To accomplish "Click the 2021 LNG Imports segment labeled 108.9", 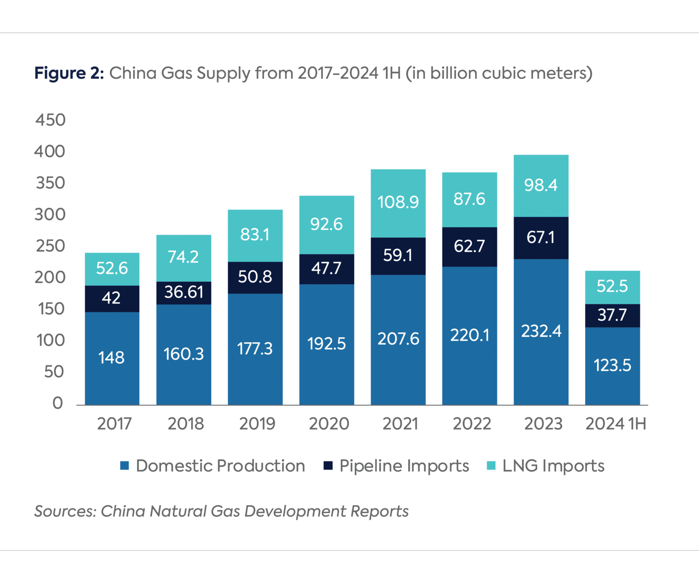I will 398,203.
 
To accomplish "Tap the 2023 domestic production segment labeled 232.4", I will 541,332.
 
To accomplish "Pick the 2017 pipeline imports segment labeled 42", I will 112,299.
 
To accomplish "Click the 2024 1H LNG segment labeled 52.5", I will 612,287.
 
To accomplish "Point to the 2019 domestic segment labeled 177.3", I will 255,349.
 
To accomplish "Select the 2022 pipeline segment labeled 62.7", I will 469,247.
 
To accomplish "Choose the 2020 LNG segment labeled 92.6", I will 326,224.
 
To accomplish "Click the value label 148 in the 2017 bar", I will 111,358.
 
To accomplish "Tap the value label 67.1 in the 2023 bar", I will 541,238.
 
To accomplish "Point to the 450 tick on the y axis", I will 51,120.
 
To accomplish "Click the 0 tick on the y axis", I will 57,403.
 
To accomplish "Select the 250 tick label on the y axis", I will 51,246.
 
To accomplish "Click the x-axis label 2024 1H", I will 615,424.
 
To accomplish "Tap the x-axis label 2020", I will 329,424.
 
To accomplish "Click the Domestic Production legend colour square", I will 125,466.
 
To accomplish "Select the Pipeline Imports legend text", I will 404,466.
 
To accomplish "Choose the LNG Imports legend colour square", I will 491,466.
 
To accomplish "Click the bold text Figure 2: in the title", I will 69,73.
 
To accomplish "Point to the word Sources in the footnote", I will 65,512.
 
